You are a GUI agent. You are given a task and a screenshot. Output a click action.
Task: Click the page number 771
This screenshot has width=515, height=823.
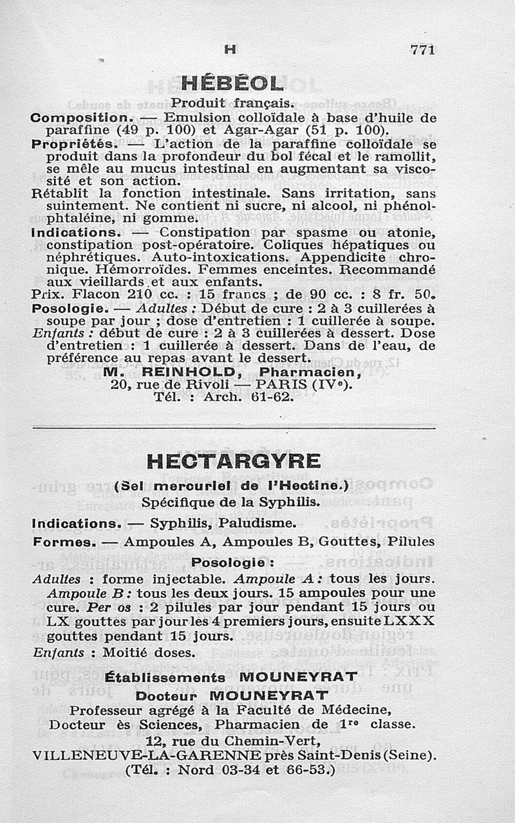pos(423,50)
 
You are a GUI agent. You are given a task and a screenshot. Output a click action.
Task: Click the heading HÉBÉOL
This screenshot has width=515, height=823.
pos(232,84)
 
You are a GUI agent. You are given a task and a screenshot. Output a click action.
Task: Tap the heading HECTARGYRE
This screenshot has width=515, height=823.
pos(233,462)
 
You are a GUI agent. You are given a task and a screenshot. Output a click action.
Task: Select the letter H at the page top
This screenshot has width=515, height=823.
pos(230,49)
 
